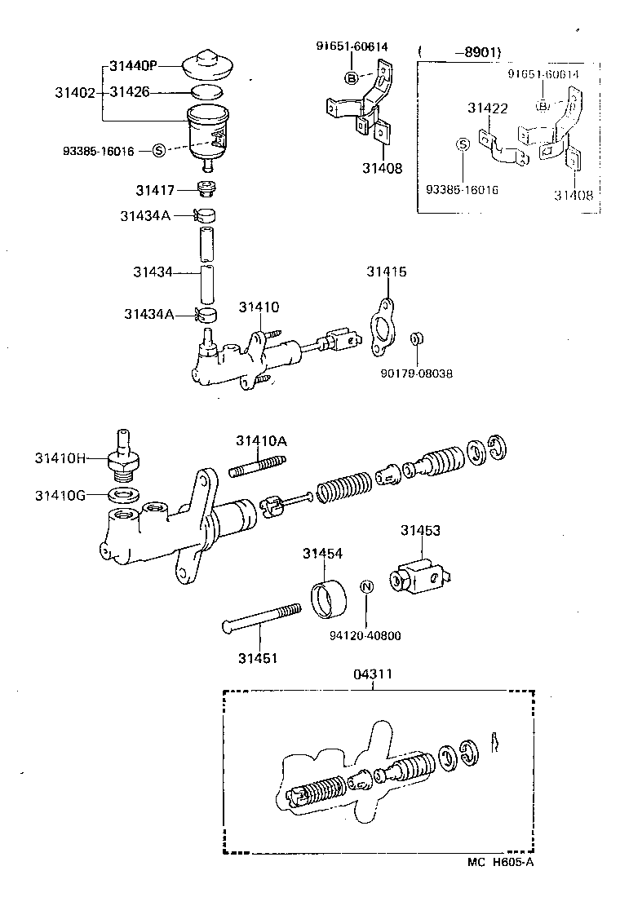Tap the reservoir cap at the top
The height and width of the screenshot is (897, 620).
point(210,64)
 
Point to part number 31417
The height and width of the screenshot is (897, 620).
point(156,190)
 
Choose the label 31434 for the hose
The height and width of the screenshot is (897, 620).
point(153,271)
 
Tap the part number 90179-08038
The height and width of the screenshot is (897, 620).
point(416,373)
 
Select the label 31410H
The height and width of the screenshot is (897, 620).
point(60,458)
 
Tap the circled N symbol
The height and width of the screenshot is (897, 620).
point(366,586)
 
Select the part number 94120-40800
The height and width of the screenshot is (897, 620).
point(366,636)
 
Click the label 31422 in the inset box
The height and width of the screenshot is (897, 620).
point(488,108)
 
